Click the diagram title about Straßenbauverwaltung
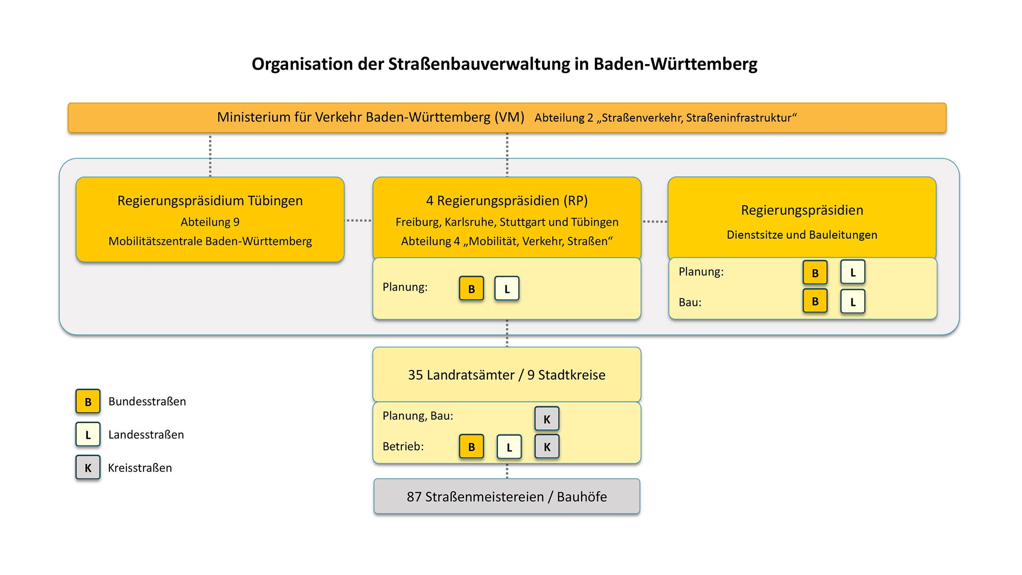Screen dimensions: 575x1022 [504, 64]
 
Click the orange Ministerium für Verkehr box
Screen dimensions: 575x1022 [507, 118]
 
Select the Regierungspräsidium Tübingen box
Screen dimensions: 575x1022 [210, 219]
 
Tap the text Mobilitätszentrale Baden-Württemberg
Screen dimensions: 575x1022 [210, 242]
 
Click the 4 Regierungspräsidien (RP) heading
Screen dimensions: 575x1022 [507, 201]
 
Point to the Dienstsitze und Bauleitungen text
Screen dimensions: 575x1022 [802, 235]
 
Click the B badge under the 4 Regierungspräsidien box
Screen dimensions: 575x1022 [471, 289]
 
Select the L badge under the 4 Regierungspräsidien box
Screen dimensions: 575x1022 [507, 289]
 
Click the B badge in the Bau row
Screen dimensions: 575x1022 [815, 301]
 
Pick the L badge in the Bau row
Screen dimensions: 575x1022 [852, 302]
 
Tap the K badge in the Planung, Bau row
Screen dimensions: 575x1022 [547, 419]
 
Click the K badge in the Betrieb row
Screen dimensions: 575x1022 [547, 446]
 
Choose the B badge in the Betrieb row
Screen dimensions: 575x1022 [471, 446]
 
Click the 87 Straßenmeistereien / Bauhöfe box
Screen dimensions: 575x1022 [507, 496]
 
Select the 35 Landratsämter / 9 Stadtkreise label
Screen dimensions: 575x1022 [507, 375]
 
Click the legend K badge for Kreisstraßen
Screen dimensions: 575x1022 [88, 467]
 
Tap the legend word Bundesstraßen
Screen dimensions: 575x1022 [147, 402]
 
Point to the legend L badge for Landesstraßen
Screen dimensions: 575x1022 [88, 434]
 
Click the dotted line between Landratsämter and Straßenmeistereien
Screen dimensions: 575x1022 [507, 471]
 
